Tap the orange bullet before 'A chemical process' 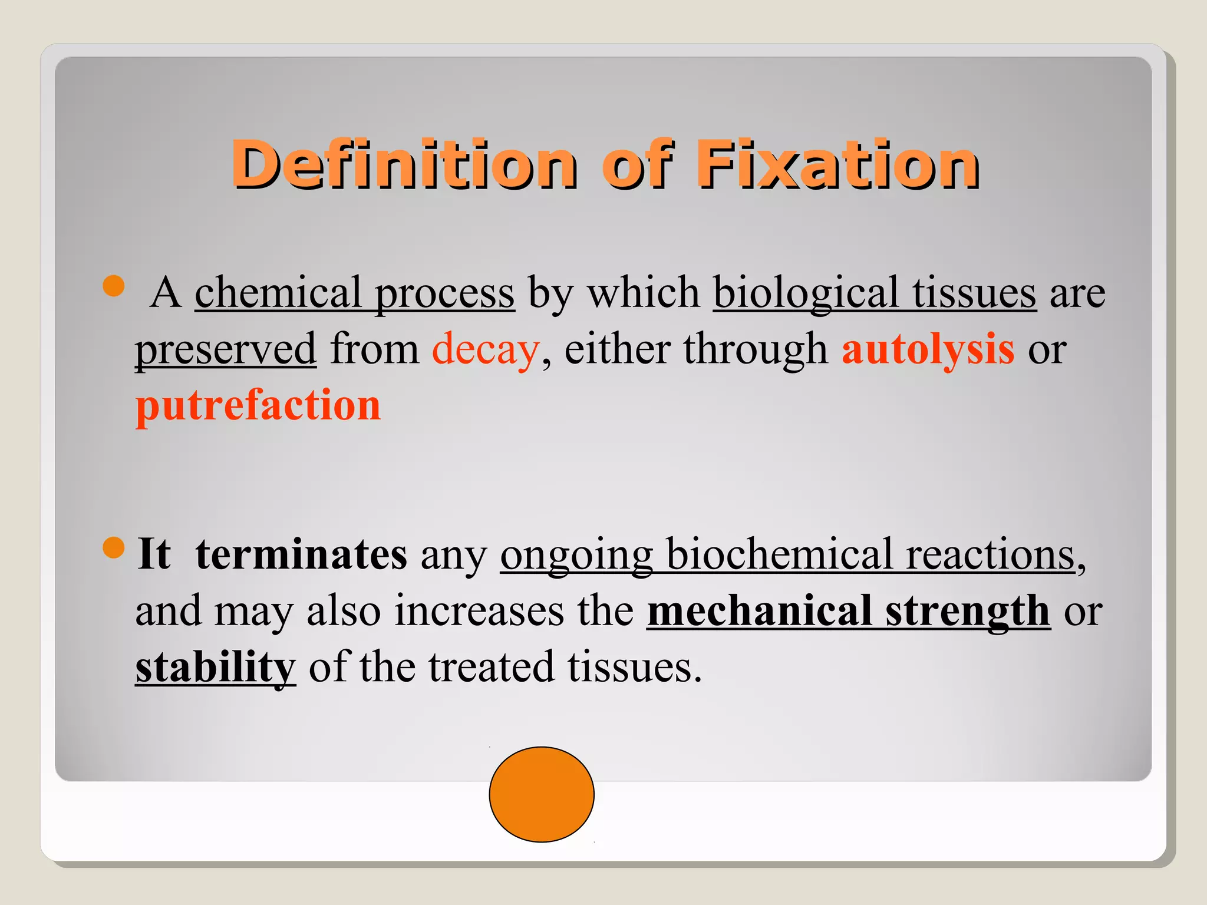113,286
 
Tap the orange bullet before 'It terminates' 113,547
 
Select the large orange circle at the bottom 542,794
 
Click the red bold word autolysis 928,349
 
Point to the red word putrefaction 258,406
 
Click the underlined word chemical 278,292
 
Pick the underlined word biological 806,293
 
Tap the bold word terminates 301,554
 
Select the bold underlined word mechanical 759,611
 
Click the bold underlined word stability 215,668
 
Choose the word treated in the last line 492,668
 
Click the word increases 479,611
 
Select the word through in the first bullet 756,349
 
